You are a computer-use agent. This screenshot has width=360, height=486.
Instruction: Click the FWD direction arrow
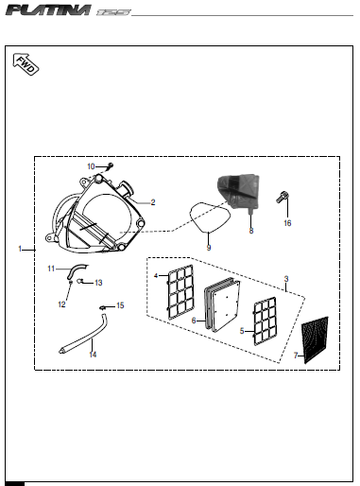point(26,64)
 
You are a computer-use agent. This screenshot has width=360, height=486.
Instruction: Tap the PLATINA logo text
point(49,10)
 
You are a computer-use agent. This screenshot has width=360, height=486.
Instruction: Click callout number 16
point(287,223)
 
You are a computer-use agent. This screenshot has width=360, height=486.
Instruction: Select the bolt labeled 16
point(283,198)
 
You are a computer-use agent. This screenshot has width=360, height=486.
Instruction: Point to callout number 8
point(251,231)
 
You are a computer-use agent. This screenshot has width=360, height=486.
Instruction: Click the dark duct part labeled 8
point(239,192)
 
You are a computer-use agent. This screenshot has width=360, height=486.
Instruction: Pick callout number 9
point(209,248)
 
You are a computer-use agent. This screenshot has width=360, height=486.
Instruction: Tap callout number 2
point(153,202)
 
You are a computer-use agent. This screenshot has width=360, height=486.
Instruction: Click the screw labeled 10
point(110,165)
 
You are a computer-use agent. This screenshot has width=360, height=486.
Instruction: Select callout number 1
point(20,249)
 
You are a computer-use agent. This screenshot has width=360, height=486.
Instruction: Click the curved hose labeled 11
point(77,270)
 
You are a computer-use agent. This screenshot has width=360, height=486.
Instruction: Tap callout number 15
point(120,305)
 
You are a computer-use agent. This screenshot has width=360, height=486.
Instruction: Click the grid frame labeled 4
point(180,291)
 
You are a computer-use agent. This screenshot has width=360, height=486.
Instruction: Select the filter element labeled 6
point(222,304)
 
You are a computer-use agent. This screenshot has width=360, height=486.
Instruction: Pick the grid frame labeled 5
point(266,321)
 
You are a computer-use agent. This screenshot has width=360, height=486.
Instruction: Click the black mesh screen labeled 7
point(315,339)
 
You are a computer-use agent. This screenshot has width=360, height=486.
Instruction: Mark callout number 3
point(286,279)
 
